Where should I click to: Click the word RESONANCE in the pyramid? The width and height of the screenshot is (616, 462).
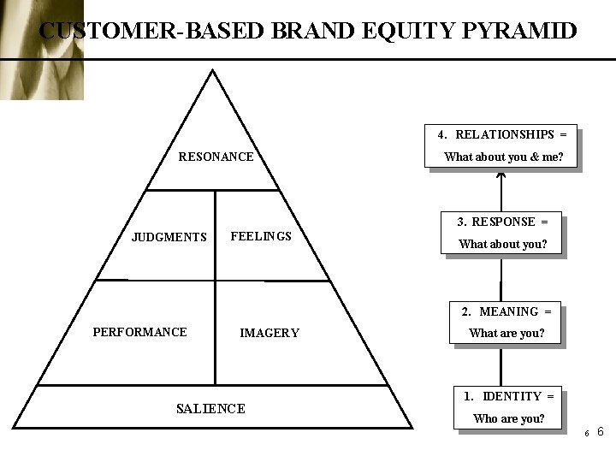point(216,157)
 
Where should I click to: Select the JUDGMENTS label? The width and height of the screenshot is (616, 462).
point(169,237)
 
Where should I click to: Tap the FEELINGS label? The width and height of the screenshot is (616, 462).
point(261,236)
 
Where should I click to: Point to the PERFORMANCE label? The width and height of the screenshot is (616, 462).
point(139,332)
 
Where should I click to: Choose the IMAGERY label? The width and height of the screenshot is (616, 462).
point(269,333)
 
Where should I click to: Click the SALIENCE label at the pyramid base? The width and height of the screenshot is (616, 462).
point(210,409)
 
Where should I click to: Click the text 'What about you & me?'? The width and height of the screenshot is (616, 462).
point(504,157)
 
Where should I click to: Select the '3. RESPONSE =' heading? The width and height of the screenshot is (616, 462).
point(501,222)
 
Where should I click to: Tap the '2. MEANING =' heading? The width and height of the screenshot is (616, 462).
point(506,311)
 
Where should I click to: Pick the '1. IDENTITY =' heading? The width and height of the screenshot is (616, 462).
point(509,396)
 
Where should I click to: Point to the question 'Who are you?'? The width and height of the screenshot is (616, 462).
point(509,418)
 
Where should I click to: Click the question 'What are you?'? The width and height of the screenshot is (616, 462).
point(506,333)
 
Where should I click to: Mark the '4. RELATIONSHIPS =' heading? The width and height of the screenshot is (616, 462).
point(502,134)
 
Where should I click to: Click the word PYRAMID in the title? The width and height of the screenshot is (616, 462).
point(519,32)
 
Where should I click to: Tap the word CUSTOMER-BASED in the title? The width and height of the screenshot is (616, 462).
point(152,32)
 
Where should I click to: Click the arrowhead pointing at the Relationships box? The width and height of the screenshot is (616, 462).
point(501,177)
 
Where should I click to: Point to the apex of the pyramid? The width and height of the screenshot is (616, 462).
point(212,72)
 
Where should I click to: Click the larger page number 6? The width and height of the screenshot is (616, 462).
point(600,431)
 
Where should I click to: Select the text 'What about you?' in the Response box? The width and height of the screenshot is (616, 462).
point(501,244)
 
